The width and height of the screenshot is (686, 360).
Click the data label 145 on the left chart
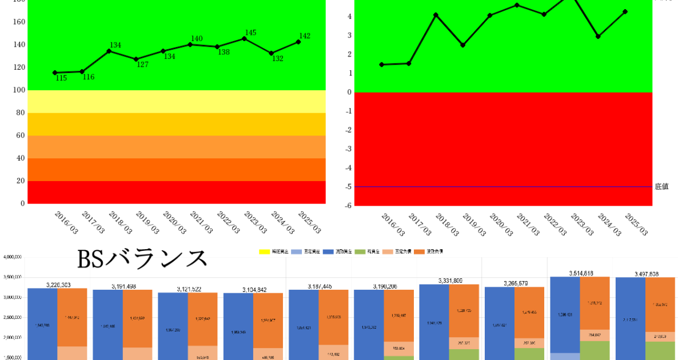250,33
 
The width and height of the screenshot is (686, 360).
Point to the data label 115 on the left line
61,78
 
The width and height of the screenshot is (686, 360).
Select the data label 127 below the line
142,65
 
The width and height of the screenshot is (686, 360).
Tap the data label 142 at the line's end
305,36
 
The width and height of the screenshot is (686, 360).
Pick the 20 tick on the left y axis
21,181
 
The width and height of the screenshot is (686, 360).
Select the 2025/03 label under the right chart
636,225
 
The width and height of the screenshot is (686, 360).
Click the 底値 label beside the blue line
661,186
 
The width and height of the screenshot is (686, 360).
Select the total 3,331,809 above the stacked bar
449,281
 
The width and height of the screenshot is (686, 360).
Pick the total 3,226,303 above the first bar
57,285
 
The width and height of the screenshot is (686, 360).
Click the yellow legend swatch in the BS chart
265,251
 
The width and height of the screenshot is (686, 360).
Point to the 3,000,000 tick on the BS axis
11,298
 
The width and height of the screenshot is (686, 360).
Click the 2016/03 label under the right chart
392,225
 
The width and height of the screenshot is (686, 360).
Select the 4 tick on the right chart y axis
348,17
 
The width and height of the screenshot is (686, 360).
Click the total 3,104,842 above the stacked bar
253,290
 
